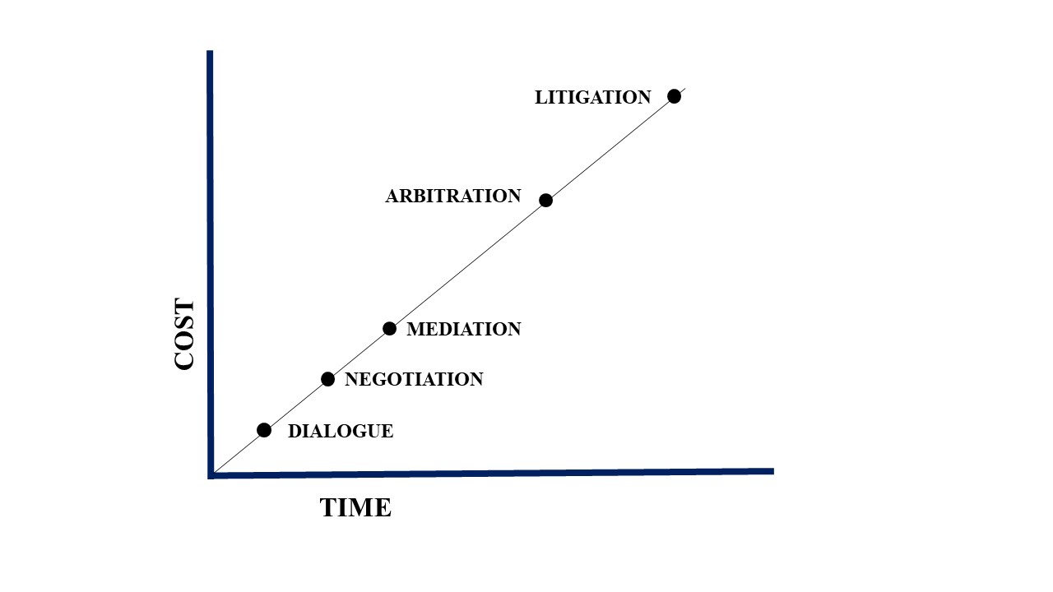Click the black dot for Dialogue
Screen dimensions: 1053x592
tap(264, 430)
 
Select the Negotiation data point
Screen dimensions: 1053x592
tap(327, 379)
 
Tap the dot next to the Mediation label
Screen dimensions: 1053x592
tap(389, 328)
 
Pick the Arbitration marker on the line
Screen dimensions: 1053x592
tap(545, 200)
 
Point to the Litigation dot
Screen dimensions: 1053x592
tap(674, 96)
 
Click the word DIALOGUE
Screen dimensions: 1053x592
tap(341, 432)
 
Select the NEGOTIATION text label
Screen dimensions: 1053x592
tap(414, 379)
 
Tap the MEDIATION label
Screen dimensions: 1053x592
tap(464, 329)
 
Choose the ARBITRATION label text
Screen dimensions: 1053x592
tap(453, 196)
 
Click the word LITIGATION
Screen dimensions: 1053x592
tap(593, 97)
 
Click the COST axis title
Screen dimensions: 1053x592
tap(184, 334)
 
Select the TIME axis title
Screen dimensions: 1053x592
tap(355, 508)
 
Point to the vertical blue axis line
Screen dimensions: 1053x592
tap(210, 263)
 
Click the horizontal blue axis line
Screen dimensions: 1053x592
tap(491, 474)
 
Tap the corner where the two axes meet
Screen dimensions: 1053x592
tap(211, 475)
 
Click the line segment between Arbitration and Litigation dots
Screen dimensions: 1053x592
tap(610, 149)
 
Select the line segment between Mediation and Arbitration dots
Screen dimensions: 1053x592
tap(467, 265)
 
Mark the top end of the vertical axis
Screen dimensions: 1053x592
tap(210, 51)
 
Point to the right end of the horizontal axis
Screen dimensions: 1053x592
tap(773, 471)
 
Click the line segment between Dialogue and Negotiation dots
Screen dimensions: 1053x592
tap(296, 404)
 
